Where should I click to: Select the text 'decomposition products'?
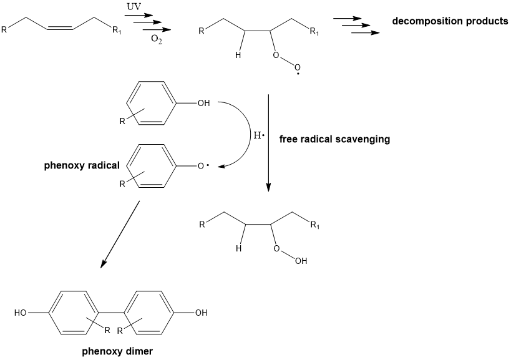point(450,21)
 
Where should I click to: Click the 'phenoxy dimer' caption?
point(117,351)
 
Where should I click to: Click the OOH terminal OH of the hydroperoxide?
point(301,261)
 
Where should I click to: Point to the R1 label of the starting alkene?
point(117,31)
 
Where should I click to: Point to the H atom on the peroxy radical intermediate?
point(237,55)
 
